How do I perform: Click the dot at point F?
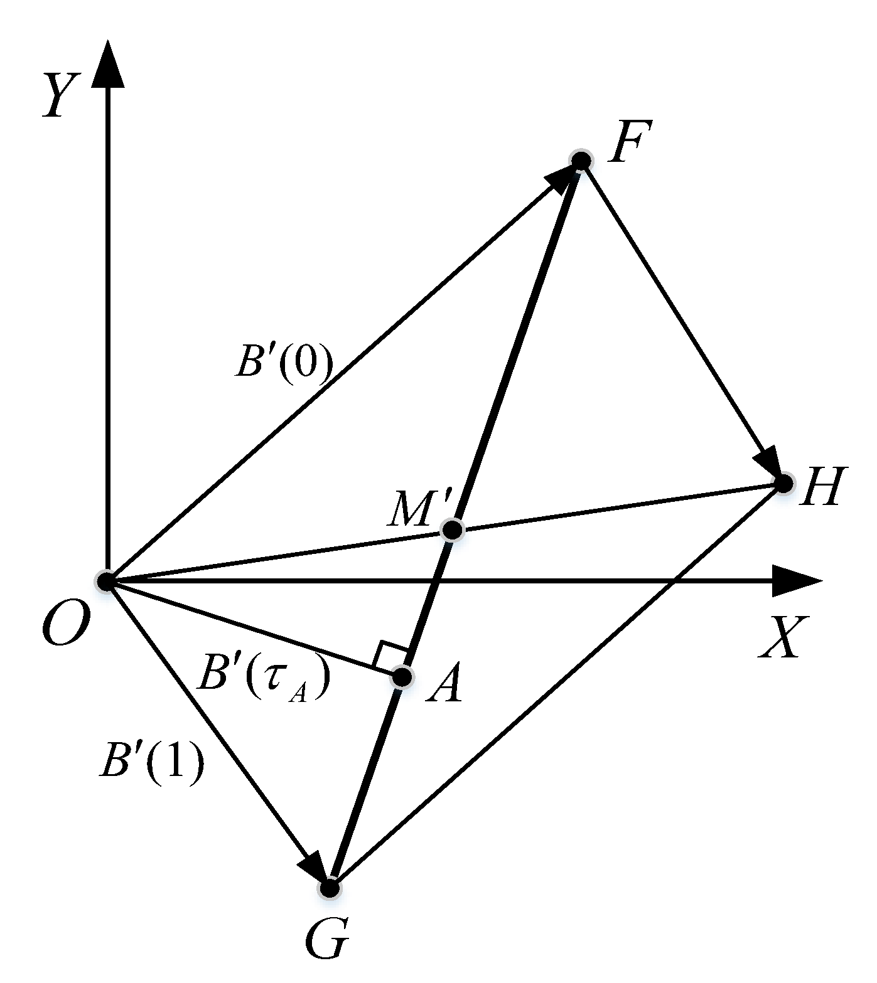point(581,161)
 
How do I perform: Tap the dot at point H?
point(783,483)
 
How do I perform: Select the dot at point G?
point(330,888)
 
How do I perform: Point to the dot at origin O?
point(105,581)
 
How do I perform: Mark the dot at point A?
point(402,677)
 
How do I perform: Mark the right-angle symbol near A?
point(390,655)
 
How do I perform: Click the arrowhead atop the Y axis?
point(108,63)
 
